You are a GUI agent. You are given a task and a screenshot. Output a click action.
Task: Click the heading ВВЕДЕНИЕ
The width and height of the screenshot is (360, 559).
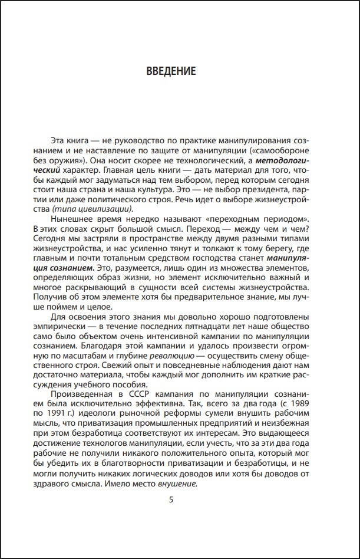tap(170, 71)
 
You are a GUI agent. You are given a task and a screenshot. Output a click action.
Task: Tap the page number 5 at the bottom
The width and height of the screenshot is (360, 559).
tap(171, 501)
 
